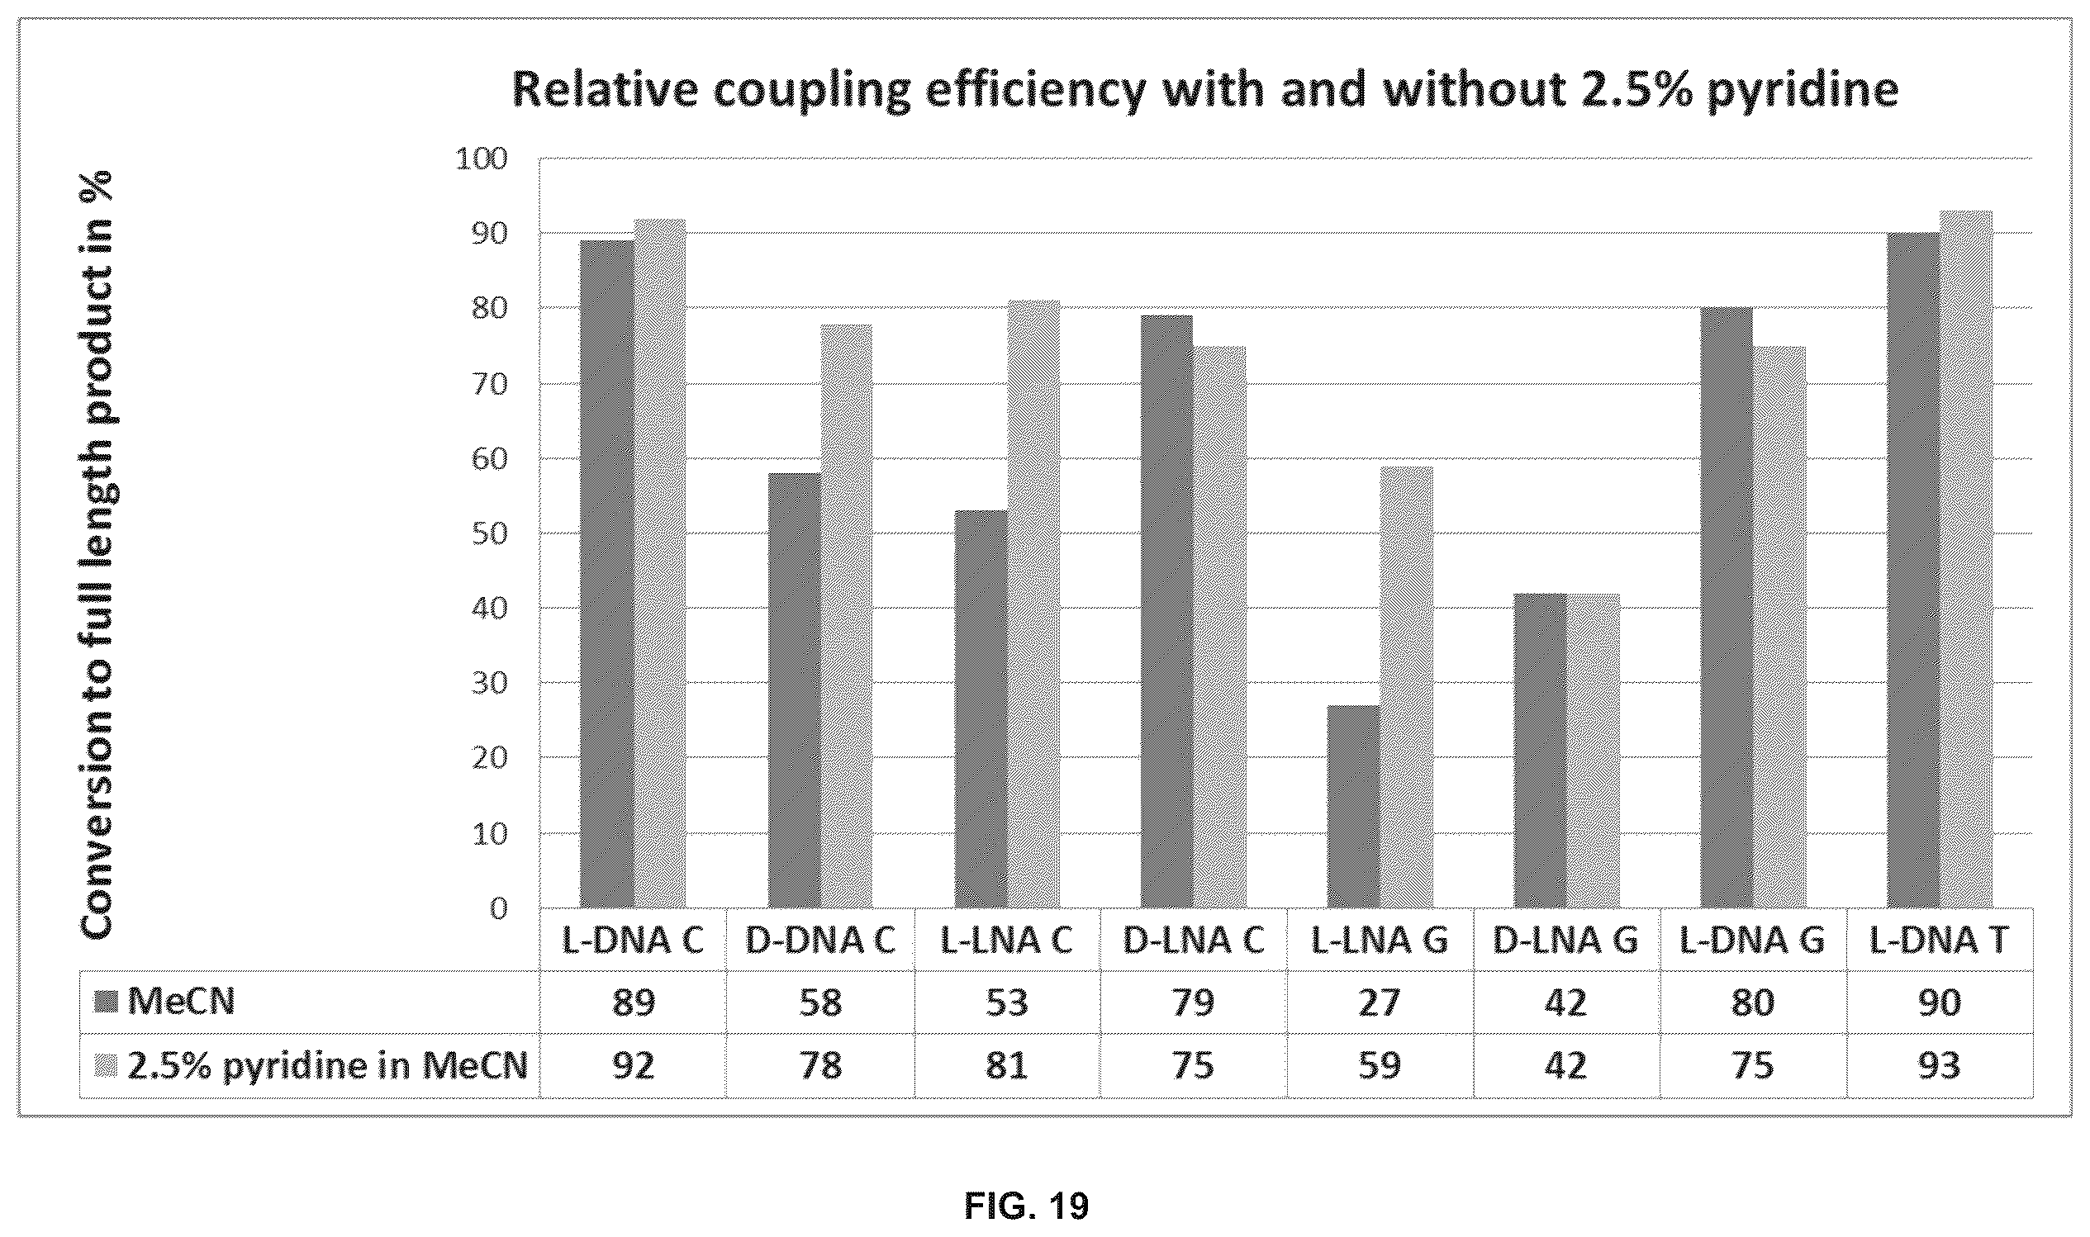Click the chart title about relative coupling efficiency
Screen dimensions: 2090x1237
coord(1204,90)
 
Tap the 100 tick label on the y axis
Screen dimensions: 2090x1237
coord(482,159)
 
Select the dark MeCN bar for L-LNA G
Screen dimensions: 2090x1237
coord(1353,806)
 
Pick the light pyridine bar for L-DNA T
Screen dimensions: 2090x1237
coord(1966,559)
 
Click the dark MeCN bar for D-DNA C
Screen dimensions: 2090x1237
coord(794,690)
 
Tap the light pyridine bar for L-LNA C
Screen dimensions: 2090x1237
coord(1033,604)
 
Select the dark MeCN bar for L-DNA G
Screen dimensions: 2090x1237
coord(1727,608)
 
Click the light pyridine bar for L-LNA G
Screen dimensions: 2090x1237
coord(1406,687)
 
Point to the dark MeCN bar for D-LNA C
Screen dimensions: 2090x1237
coord(1167,611)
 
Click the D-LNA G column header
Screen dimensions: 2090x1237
coord(1565,941)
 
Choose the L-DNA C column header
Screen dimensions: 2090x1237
coord(633,941)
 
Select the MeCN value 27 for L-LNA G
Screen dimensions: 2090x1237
coord(1380,1002)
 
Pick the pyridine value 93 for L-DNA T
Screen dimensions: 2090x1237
coord(1939,1067)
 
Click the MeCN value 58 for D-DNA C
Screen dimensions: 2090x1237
coord(820,1002)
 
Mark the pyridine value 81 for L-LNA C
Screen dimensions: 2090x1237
coord(1007,1067)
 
